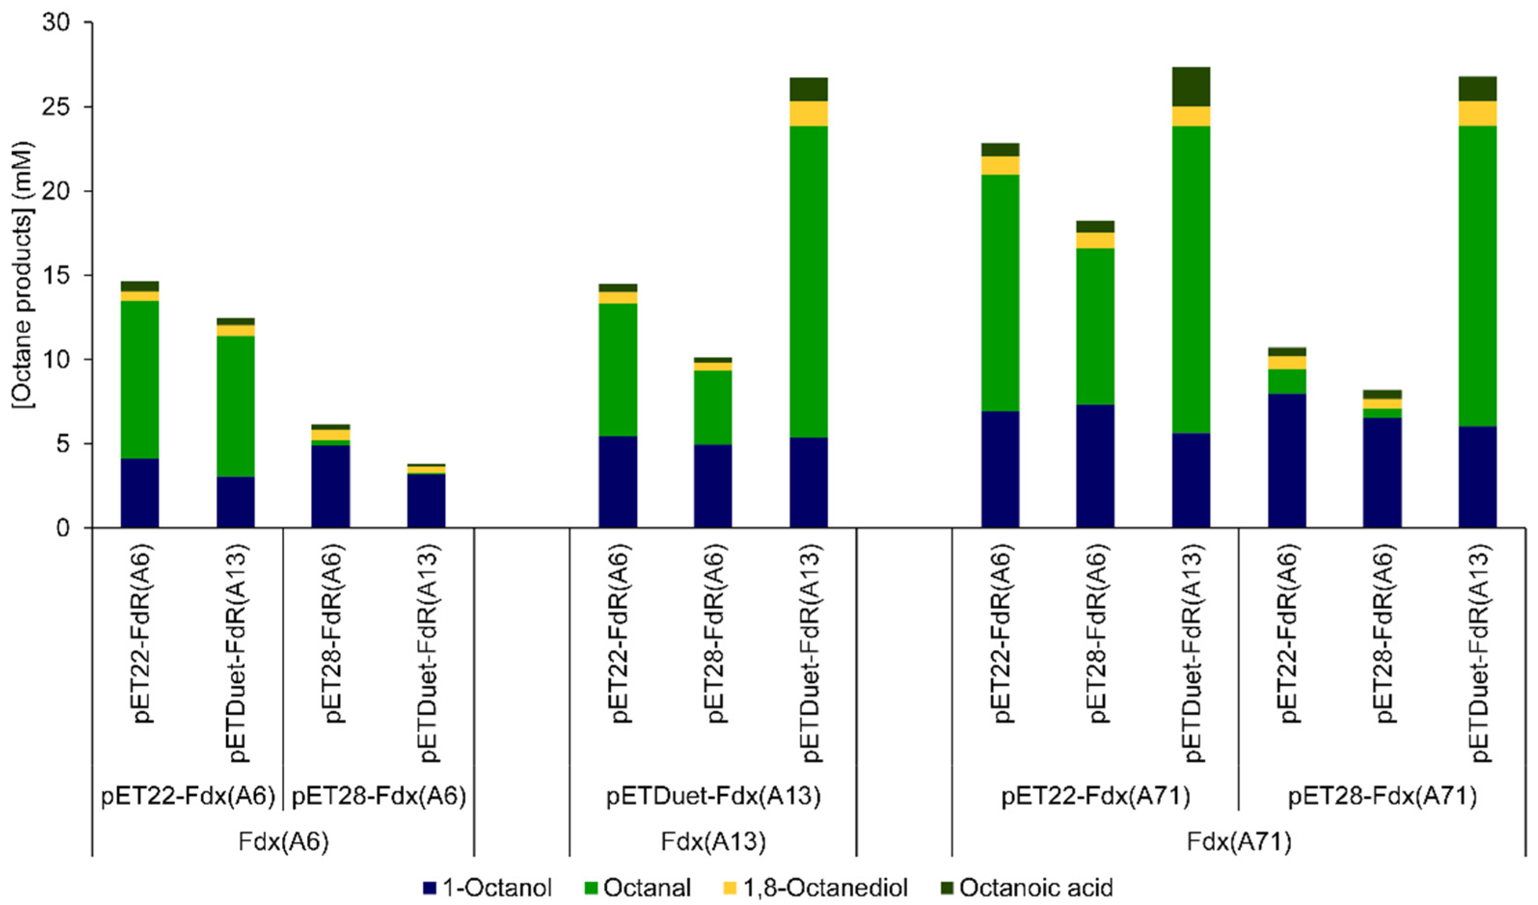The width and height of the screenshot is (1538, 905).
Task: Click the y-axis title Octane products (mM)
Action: point(23,275)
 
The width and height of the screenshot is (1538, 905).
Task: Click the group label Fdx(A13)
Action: point(713,843)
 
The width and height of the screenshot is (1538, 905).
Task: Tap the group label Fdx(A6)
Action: point(283,843)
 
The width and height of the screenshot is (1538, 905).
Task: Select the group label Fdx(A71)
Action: point(1238,843)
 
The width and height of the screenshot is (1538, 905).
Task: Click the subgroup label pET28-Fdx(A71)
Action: point(1382,797)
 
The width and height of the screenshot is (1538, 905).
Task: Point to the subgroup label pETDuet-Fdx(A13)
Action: point(713,797)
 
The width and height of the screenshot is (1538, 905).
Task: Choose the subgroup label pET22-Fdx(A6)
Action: point(188,797)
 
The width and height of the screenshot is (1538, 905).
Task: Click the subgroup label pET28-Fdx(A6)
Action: point(379,797)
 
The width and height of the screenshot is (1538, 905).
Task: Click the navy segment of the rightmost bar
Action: point(1477,476)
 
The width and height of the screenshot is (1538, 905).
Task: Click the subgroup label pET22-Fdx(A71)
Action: point(1095,797)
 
